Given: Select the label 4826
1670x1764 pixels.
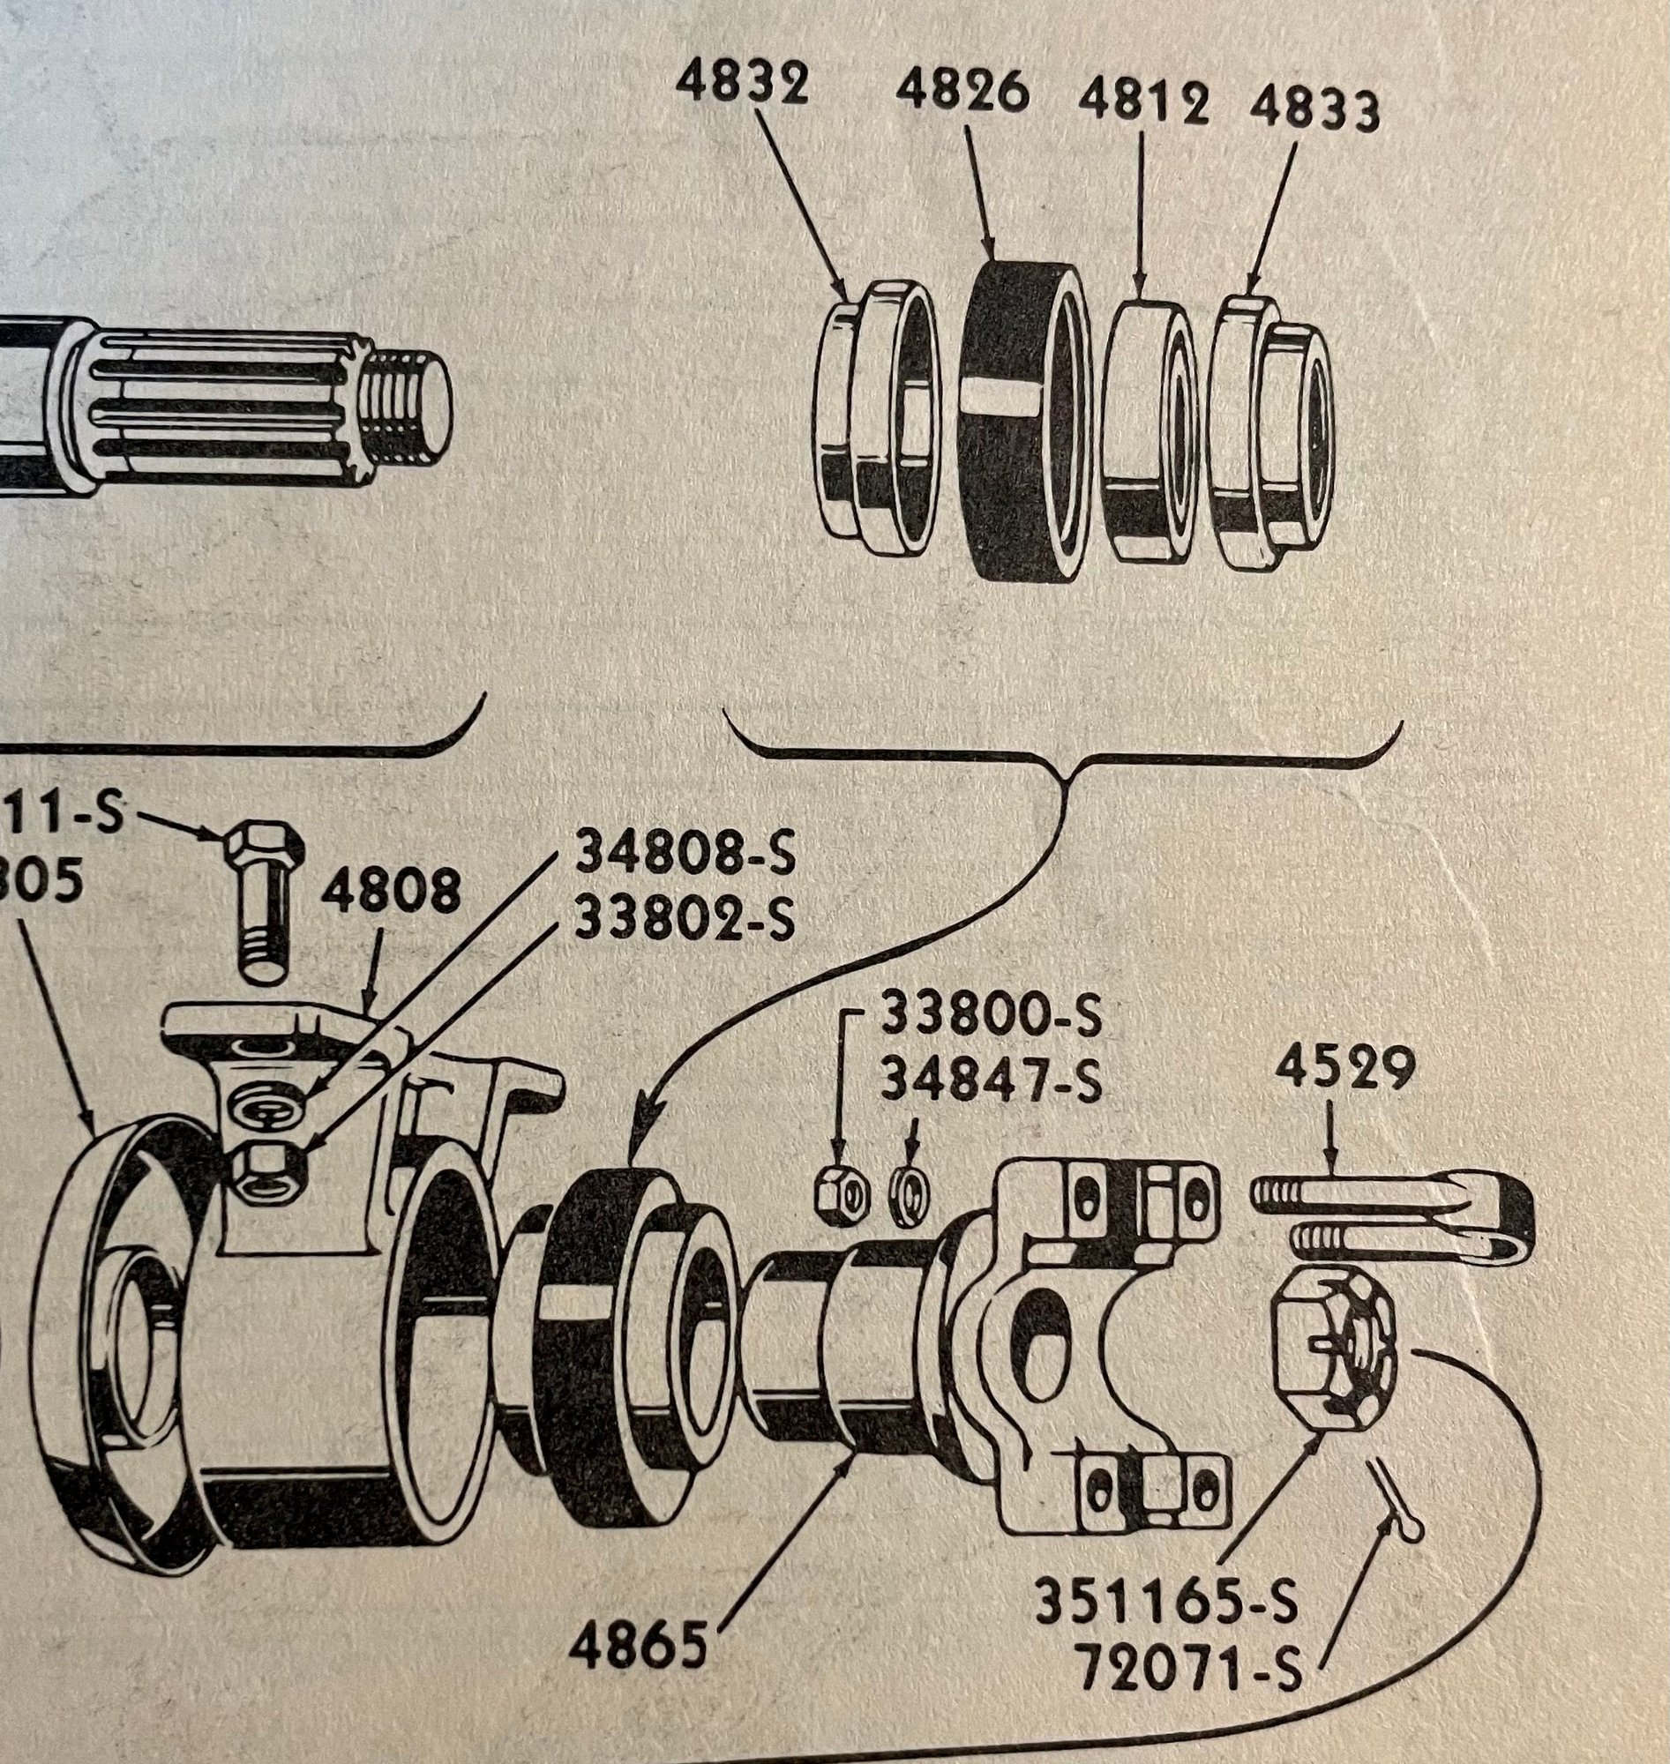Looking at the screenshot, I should coord(962,92).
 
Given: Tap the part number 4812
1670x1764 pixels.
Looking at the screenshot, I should coord(1143,104).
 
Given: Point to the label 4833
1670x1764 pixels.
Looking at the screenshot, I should coord(1314,111).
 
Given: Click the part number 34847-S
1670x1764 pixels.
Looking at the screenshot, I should coord(991,1083).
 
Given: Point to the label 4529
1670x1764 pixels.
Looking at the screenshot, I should coord(1344,1069).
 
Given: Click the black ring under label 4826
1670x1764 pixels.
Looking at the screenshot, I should coord(1023,418).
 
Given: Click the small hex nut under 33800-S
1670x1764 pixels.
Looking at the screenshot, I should coord(842,1196).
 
